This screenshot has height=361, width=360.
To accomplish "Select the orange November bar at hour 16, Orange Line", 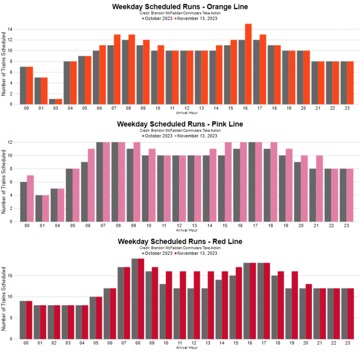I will point(248,64).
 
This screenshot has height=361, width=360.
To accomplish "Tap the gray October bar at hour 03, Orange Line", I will point(52,102).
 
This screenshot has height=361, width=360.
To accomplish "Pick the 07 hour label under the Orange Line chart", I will point(114,109).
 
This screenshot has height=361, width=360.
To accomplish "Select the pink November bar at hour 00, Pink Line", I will point(30,199).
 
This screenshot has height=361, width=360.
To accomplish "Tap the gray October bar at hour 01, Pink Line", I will point(38,208).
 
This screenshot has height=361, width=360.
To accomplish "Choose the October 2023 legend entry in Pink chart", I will point(160,136).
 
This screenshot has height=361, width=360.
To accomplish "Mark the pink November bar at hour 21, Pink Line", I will point(319,188).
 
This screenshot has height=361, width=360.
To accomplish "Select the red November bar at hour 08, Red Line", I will point(141,299).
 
